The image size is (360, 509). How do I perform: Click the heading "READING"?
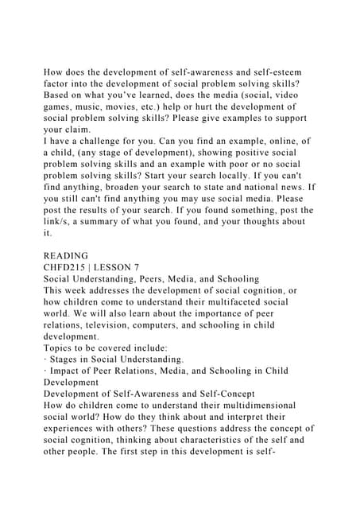pyautogui.click(x=66, y=256)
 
